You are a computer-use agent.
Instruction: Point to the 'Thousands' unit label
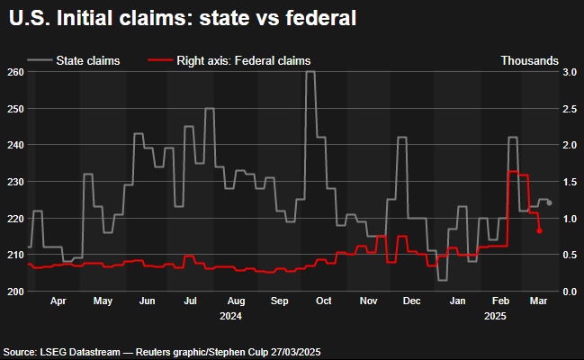(x=528, y=60)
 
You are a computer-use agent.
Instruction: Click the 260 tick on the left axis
(x=14, y=72)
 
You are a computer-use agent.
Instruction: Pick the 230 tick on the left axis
(x=14, y=182)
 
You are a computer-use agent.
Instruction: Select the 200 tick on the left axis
(x=14, y=291)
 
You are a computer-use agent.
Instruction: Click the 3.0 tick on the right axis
(x=569, y=72)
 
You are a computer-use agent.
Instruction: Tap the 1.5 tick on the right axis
(x=569, y=182)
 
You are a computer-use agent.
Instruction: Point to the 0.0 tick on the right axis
(x=569, y=291)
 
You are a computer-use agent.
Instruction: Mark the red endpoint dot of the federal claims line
(x=539, y=231)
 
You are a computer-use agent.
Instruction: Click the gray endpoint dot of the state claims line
(x=549, y=202)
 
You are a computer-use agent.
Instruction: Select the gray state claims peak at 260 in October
(x=310, y=73)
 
